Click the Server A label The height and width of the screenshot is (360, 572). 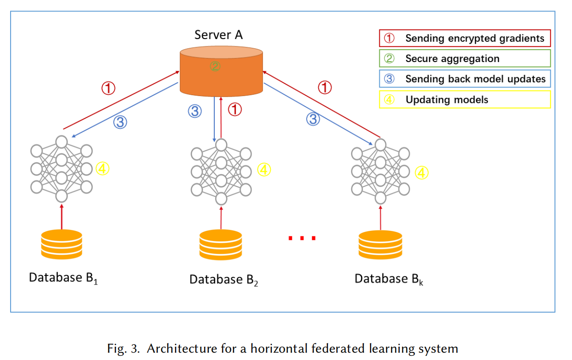point(218,35)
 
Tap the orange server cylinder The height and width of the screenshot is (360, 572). point(221,71)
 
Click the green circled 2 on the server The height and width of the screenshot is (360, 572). point(215,66)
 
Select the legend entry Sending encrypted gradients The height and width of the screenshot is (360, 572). point(465,38)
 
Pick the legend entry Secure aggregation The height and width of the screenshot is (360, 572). point(465,58)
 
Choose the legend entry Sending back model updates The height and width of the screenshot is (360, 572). point(465,79)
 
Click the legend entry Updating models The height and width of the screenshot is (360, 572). point(465,99)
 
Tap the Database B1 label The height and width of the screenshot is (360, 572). point(63,278)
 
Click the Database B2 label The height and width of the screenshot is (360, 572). point(223,280)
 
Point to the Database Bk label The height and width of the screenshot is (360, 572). point(389,279)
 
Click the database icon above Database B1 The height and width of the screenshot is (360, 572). point(62,244)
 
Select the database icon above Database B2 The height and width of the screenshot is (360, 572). point(221,245)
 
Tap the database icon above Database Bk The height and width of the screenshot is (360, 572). point(380,245)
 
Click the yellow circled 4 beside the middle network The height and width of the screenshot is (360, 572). point(264,170)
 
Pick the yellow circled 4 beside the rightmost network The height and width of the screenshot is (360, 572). point(422,172)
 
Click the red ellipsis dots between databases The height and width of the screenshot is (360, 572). point(302,238)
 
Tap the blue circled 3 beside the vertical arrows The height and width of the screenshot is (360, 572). point(195,111)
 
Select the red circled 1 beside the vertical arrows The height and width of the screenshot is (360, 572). point(235,109)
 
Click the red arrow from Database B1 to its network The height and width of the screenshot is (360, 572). point(62,217)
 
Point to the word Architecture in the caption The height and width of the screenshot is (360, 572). point(182,349)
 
